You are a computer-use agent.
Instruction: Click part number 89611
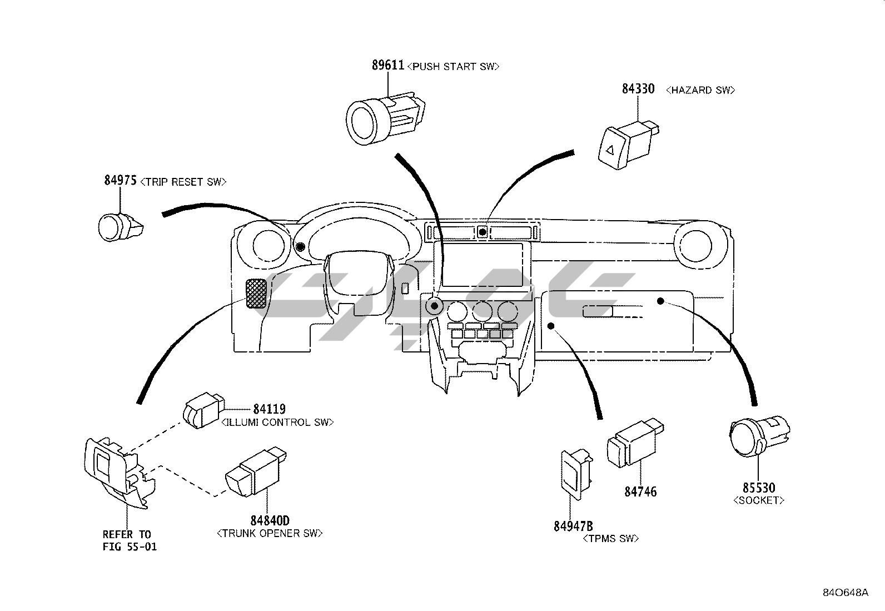coord(388,65)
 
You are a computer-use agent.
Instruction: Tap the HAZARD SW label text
coord(700,91)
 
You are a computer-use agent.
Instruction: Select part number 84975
coord(121,181)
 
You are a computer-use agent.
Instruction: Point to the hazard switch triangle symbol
coord(610,150)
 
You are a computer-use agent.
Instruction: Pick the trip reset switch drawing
coord(121,227)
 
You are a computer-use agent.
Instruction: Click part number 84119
coord(270,409)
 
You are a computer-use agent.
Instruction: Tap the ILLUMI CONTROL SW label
coord(278,423)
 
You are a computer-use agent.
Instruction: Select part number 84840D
coord(270,520)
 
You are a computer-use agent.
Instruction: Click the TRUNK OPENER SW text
coord(270,534)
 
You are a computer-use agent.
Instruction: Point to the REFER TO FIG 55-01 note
coord(130,540)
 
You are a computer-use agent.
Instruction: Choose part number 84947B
coord(573,526)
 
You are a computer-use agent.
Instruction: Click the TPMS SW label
coord(611,539)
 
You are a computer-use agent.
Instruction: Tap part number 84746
coord(640,492)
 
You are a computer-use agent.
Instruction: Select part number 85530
coord(759,488)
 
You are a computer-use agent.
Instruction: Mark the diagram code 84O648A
coord(846,593)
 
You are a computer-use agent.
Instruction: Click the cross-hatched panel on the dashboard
coord(256,294)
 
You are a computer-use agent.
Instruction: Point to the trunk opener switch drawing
coord(256,472)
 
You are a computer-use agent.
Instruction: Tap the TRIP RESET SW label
coord(183,182)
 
